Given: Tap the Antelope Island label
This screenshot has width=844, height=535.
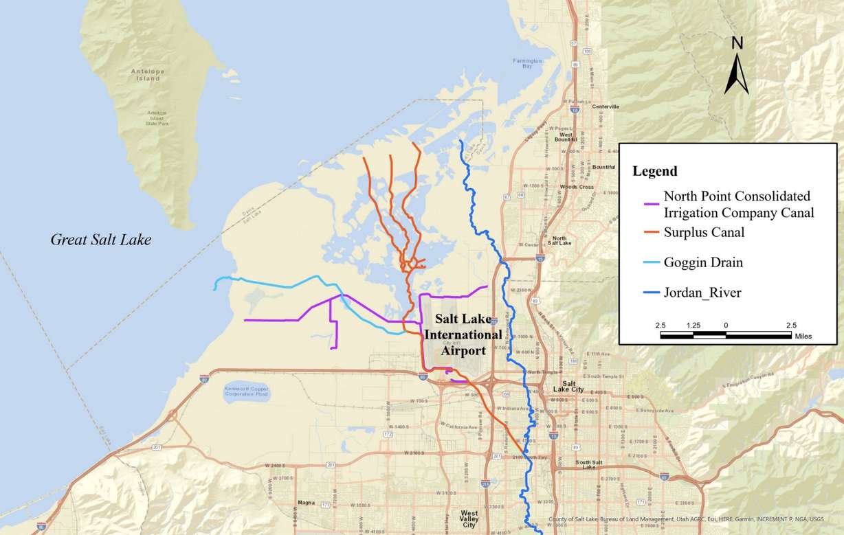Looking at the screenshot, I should pos(145,75).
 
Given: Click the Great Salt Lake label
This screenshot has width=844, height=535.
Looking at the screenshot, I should pos(100,240).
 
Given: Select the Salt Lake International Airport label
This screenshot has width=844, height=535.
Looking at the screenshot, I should pos(463,334).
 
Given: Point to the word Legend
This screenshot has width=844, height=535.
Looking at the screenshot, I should pos(654,171).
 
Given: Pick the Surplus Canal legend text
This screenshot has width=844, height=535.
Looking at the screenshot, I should pos(704,233).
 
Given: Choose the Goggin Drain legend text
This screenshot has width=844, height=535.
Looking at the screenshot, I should pos(703,262).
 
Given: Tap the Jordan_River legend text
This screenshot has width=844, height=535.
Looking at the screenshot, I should pos(702,293).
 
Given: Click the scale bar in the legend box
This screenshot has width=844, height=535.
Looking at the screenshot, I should pos(726,335).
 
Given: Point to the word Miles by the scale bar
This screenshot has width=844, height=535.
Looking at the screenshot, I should pos(803,337).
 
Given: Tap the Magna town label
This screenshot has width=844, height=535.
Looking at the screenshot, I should pos(305,503).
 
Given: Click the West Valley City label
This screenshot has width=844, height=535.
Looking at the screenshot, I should pos(469,519).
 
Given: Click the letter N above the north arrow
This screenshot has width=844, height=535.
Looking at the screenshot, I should pos(737,43).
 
